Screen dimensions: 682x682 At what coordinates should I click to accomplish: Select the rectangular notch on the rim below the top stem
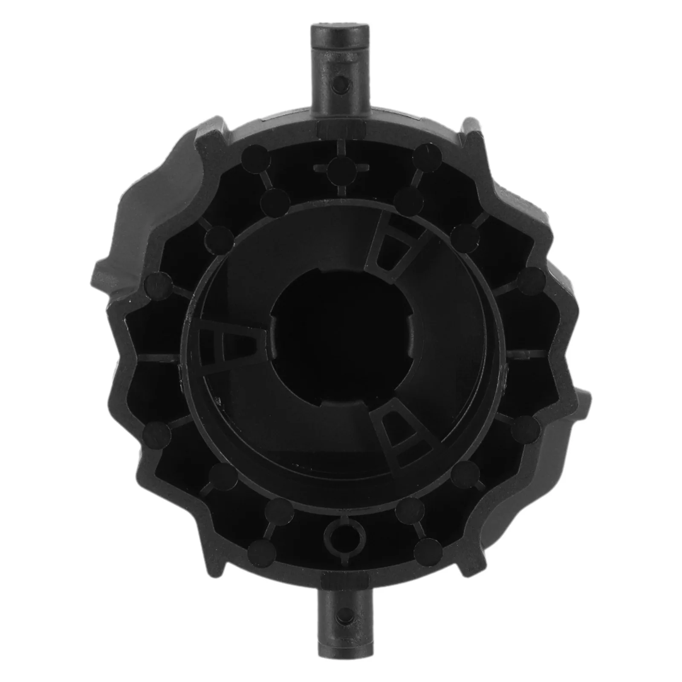tap(341, 128)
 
